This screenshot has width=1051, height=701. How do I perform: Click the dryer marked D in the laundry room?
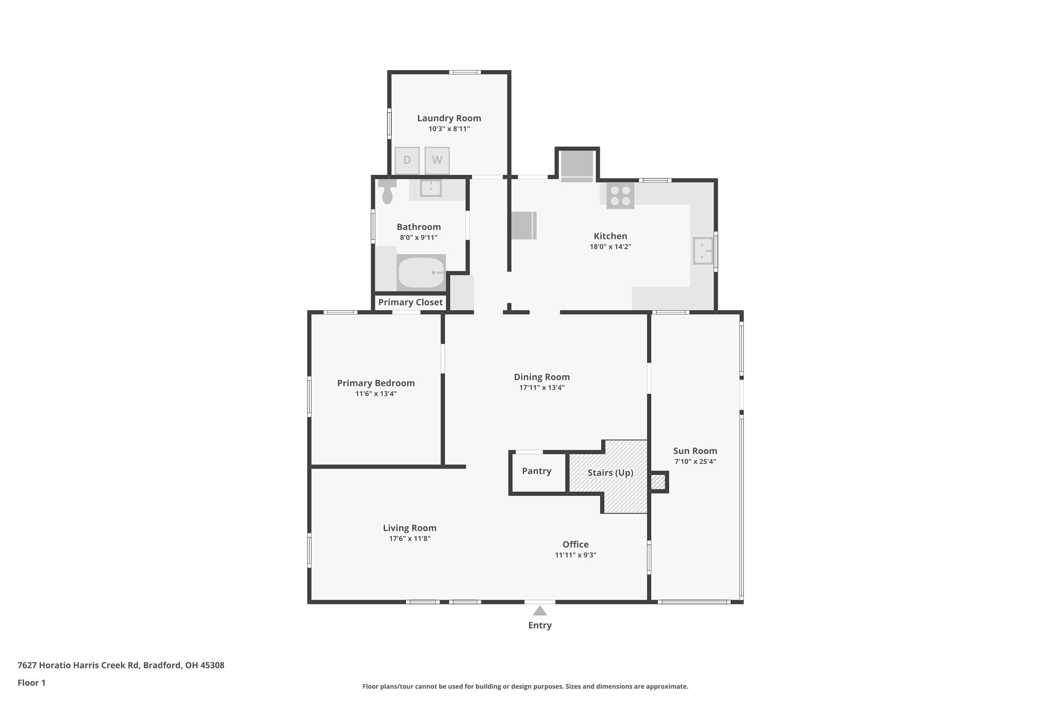tap(407, 160)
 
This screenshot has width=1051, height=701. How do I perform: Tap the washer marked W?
tap(437, 160)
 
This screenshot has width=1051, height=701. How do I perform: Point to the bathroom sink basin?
tap(431, 188)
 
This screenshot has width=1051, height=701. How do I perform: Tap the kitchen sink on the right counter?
tap(702, 251)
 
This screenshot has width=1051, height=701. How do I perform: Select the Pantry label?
tap(536, 471)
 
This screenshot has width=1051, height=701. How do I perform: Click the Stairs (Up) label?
tap(610, 472)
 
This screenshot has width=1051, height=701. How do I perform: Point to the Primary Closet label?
tap(410, 302)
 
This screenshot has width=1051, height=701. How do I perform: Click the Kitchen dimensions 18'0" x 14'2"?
tap(610, 246)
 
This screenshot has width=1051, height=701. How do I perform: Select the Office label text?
tap(575, 544)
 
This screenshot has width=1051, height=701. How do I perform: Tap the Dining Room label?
tap(542, 377)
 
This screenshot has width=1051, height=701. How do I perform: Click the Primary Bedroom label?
tap(376, 383)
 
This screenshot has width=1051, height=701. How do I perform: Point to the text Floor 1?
tap(31, 683)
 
